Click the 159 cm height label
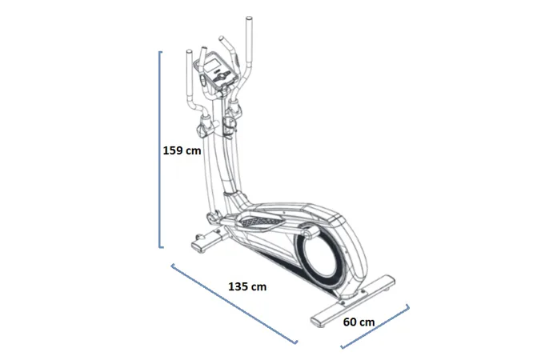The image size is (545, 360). [182, 150]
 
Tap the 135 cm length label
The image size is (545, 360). [247, 286]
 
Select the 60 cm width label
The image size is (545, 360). [359, 322]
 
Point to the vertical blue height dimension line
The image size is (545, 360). [160, 150]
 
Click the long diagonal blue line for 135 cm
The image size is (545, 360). [234, 304]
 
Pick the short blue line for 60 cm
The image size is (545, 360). [375, 326]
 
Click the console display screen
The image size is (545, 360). [212, 66]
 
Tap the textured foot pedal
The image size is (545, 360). [260, 221]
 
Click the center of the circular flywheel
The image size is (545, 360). [320, 256]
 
